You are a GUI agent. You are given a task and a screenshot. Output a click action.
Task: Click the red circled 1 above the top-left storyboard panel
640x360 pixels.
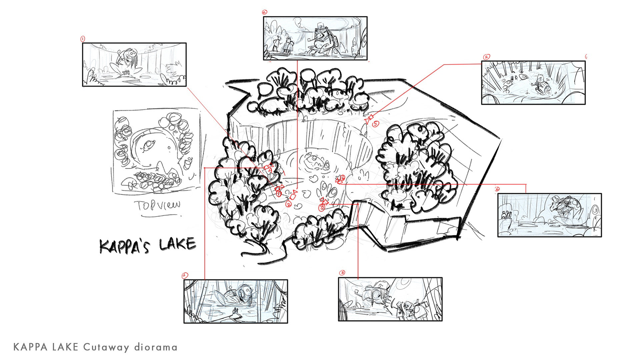coord(83,39)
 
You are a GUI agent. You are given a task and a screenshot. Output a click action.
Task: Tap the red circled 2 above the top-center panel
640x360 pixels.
coord(265,12)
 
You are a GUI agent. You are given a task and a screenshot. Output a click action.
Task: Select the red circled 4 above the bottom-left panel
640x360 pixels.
coord(185,275)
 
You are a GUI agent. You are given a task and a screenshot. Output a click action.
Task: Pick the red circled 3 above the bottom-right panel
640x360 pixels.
coord(342,273)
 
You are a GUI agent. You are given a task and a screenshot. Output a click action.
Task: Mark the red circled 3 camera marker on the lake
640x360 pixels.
coord(322,207)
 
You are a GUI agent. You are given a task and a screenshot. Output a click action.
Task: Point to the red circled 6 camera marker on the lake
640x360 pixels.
coord(342,178)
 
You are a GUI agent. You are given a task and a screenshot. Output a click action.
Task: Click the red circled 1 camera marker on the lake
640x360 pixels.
coord(279,193)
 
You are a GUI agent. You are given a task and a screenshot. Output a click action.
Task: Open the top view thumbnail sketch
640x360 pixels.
coord(157,152)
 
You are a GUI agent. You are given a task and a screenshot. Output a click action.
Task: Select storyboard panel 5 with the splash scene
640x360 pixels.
coord(533,83)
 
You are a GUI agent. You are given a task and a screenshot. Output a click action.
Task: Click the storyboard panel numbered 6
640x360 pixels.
coord(550,215)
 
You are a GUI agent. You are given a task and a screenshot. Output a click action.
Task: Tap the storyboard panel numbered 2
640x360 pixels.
coord(315,38)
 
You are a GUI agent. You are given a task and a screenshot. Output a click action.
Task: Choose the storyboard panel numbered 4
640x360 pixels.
coord(236,301)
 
